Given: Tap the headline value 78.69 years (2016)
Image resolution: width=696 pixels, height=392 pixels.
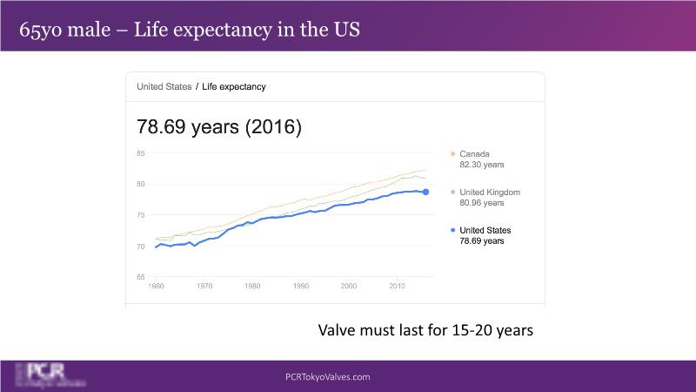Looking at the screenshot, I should pyautogui.click(x=219, y=126).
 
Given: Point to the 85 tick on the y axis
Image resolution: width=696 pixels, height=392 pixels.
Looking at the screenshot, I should pyautogui.click(x=141, y=154).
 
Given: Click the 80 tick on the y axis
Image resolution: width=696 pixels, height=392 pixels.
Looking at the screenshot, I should pyautogui.click(x=141, y=185).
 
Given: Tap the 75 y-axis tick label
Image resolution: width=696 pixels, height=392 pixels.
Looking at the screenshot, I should pyautogui.click(x=141, y=215).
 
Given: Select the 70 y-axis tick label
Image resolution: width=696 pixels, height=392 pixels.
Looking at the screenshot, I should pyautogui.click(x=141, y=247).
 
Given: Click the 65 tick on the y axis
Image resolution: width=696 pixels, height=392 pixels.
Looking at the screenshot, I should pyautogui.click(x=141, y=277).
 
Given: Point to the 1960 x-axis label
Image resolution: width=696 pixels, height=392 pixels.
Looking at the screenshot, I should pyautogui.click(x=157, y=286).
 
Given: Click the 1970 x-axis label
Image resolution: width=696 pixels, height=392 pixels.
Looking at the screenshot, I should pyautogui.click(x=204, y=286).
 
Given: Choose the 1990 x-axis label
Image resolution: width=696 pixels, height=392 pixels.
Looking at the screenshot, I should pyautogui.click(x=301, y=286).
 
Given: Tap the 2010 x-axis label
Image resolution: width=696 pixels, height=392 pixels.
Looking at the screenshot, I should pyautogui.click(x=397, y=286).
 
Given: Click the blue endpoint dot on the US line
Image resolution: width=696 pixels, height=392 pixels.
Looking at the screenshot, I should pyautogui.click(x=425, y=192).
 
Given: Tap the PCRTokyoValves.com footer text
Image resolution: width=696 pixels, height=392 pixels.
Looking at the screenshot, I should pyautogui.click(x=328, y=377).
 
